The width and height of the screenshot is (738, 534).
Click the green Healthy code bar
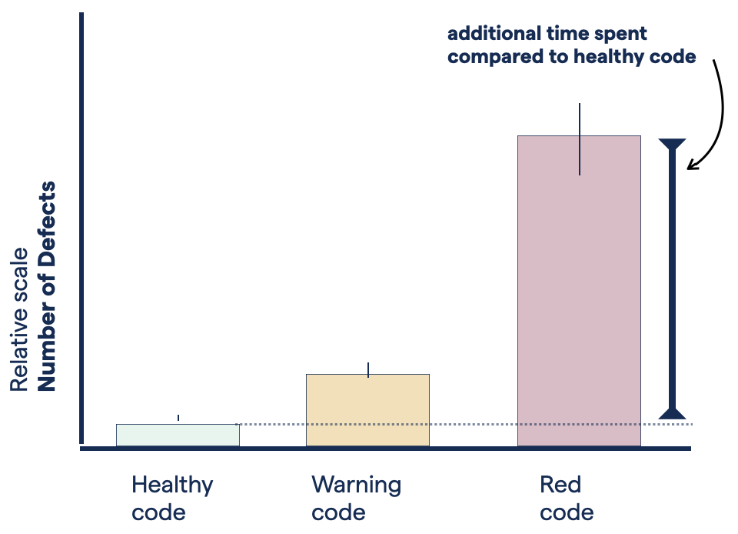178,435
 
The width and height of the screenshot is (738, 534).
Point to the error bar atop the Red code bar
580,139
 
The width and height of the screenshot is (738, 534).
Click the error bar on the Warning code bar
369,369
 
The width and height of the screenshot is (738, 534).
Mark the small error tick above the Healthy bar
178,418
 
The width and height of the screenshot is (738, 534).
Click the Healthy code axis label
171,498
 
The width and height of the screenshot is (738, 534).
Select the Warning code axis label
356,498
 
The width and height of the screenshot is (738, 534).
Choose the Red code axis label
566,498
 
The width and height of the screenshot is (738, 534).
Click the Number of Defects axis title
48,286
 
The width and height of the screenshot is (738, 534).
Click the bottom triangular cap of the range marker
672,412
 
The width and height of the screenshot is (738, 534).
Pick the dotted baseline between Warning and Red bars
473,424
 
